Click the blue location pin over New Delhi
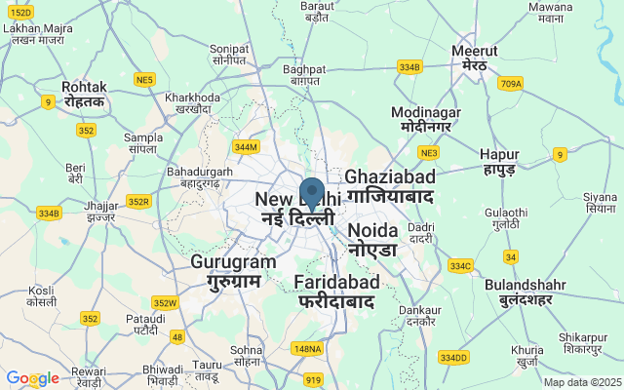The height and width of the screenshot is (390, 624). (x=312, y=193)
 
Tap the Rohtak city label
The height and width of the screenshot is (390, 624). (x=84, y=94)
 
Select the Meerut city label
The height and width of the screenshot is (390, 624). (x=475, y=58)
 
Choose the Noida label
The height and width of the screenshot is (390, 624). (x=372, y=239)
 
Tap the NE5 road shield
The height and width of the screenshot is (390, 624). (x=145, y=79)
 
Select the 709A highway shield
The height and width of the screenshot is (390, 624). (x=511, y=84)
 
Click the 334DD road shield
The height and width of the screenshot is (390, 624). (x=453, y=358)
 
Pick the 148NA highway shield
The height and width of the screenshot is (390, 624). (x=306, y=348)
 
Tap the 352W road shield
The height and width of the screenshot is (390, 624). (x=165, y=302)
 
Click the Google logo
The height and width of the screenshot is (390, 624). (x=32, y=378)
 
